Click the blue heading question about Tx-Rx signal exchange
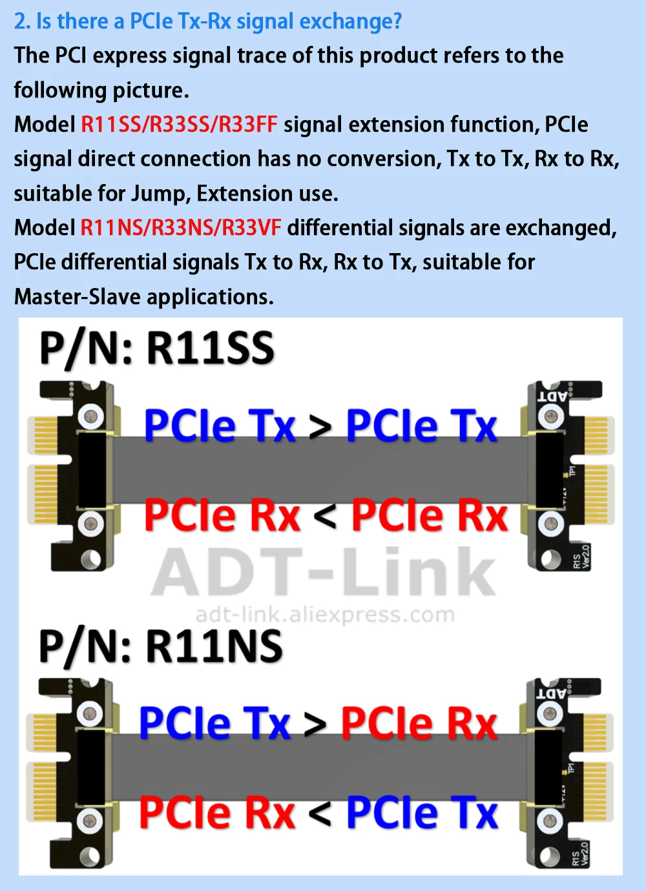(x=207, y=21)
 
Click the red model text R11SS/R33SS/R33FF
(x=179, y=124)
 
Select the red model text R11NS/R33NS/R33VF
(x=180, y=227)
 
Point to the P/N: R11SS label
(x=157, y=349)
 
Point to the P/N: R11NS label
(x=160, y=646)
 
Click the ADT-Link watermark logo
(x=323, y=572)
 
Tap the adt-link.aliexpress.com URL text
(x=325, y=614)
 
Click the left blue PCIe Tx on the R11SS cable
(x=220, y=425)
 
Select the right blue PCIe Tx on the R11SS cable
(x=421, y=425)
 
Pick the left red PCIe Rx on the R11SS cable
(x=222, y=516)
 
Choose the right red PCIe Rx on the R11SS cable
(x=429, y=516)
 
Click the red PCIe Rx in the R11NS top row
(x=419, y=723)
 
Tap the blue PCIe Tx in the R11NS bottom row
(x=422, y=813)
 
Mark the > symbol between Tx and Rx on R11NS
(x=315, y=724)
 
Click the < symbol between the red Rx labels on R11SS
(x=325, y=517)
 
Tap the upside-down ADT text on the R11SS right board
(x=552, y=395)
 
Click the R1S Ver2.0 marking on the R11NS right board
(x=581, y=854)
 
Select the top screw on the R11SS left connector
(x=91, y=416)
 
